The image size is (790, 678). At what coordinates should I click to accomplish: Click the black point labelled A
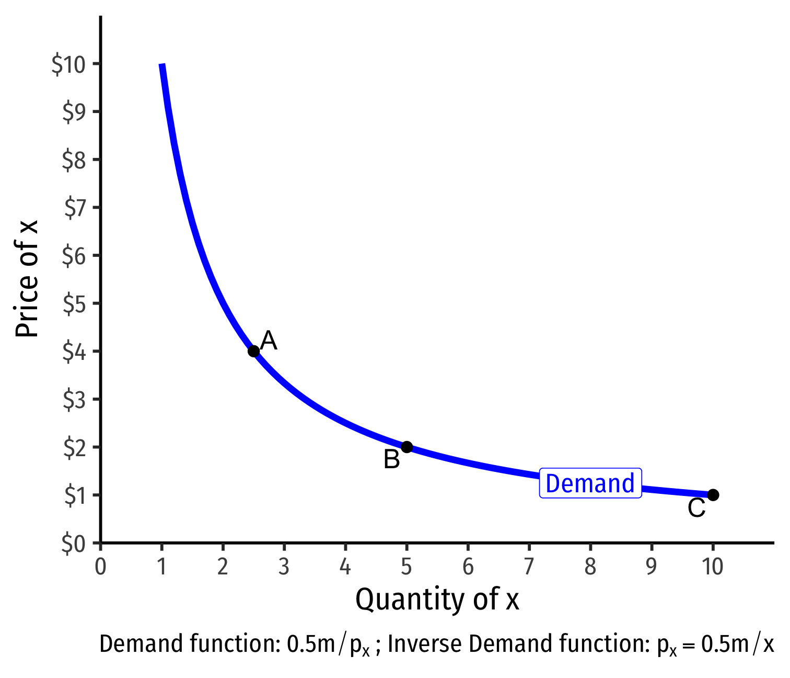(x=253, y=351)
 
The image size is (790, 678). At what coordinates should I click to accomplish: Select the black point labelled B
(x=406, y=447)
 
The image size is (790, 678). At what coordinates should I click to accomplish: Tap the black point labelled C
(x=713, y=495)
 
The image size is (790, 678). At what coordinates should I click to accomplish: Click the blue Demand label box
(x=590, y=483)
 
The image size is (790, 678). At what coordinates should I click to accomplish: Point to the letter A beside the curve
(x=269, y=341)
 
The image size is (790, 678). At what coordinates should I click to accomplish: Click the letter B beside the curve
(x=391, y=460)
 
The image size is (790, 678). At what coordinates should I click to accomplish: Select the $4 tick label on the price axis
(x=75, y=352)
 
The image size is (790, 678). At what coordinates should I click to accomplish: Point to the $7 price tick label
(x=75, y=208)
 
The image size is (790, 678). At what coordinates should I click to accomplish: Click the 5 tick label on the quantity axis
(x=406, y=567)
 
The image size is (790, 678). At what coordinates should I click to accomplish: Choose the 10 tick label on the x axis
(x=713, y=567)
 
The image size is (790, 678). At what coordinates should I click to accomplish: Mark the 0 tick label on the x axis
(x=100, y=567)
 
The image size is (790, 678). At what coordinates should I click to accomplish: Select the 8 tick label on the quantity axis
(x=590, y=567)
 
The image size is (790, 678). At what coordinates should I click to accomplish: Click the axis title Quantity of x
(x=437, y=600)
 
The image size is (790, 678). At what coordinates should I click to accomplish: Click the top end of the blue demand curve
(x=162, y=66)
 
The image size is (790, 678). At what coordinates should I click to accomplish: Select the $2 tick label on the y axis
(x=75, y=448)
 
